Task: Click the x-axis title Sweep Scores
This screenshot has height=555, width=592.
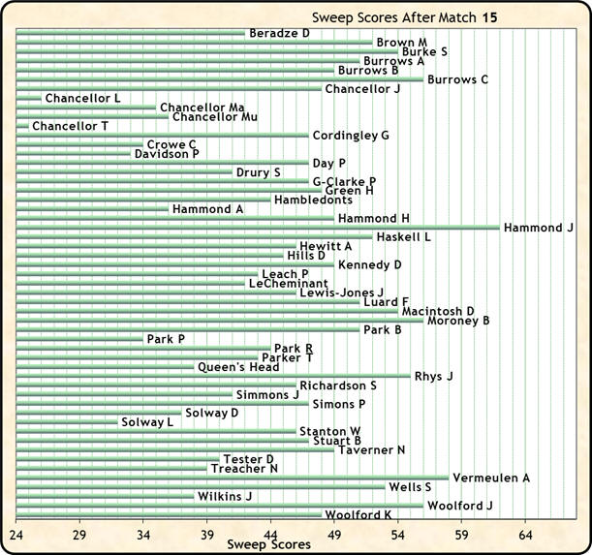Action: pos(268,545)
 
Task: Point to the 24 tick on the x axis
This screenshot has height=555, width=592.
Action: pos(16,534)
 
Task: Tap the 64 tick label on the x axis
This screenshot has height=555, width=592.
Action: pos(525,534)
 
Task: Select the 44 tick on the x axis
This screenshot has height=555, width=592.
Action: pos(270,534)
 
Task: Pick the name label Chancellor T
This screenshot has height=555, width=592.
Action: pos(70,126)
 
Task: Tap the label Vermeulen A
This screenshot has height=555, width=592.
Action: pos(491,478)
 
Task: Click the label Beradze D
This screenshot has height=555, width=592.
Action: pos(279,34)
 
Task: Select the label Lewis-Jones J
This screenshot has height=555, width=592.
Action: pos(341,293)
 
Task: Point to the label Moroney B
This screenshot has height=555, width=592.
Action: pos(458,321)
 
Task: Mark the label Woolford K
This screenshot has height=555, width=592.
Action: pos(358,515)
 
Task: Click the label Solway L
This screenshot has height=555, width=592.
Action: pos(147,422)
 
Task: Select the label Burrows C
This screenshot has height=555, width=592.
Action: pos(457,79)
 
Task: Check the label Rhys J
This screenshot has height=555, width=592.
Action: pos(433,376)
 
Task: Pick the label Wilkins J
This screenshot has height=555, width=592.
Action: pos(225,496)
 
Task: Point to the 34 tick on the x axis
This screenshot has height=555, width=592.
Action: pos(143,534)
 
